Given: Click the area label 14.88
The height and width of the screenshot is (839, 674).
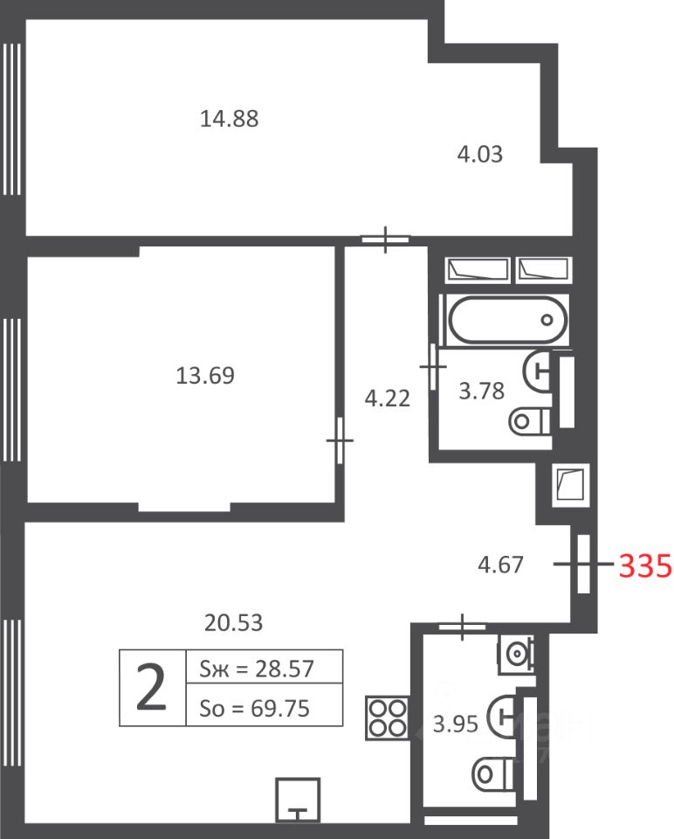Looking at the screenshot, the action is [229, 118].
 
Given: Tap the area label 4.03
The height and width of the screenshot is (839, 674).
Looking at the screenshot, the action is [480, 154].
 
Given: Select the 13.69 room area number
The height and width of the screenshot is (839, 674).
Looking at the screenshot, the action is [205, 375].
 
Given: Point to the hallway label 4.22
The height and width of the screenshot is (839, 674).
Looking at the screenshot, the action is [388, 399].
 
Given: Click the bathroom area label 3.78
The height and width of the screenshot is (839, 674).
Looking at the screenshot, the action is [482, 391].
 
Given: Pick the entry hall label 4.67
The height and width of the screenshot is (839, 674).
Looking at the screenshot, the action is [500, 565].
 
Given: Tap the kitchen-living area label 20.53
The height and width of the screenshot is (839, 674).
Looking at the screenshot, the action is [234, 622].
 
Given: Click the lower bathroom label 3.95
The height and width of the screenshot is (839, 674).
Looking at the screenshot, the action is [456, 724].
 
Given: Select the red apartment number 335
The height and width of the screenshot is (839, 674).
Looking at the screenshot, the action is [645, 565].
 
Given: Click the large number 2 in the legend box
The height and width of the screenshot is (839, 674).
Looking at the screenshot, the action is [151, 687].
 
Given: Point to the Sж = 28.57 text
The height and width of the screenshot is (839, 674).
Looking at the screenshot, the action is [257, 669].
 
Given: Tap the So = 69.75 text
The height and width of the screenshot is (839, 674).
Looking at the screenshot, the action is [254, 709].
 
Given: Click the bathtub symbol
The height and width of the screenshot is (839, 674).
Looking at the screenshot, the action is [507, 320].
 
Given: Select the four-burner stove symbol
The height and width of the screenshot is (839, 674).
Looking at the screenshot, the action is [388, 718].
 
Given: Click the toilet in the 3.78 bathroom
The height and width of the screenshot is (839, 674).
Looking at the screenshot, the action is [530, 421].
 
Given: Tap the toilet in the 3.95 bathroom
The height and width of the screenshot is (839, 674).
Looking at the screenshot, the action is [492, 773].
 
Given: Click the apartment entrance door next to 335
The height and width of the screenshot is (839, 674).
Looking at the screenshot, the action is [584, 564].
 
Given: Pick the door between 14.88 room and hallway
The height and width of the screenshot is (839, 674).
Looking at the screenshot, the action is [385, 239].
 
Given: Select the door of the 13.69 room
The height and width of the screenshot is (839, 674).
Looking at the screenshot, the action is [340, 440].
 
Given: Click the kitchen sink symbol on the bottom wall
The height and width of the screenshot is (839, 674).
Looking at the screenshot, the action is [299, 800].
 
